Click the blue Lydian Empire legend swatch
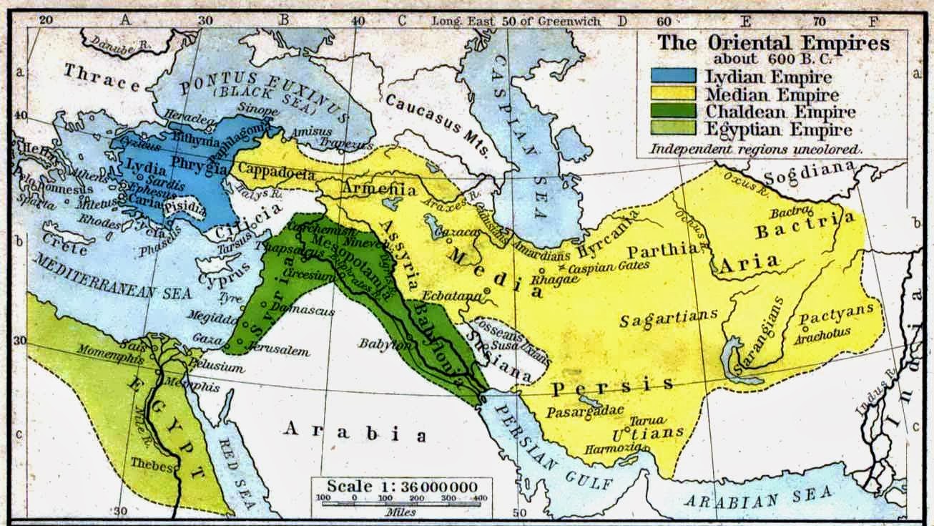673,76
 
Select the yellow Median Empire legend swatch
673,94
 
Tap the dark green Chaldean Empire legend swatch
673,112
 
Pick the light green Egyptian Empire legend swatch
673,130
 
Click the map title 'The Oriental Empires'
774,43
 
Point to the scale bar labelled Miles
400,499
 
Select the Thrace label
102,78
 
